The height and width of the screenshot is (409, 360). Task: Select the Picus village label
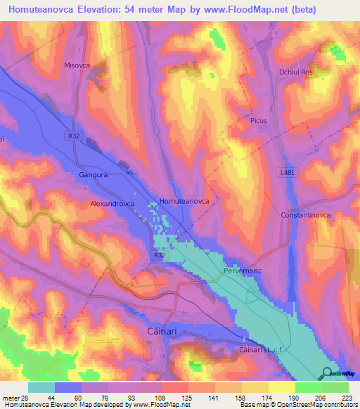[259, 121]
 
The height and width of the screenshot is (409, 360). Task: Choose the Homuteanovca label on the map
[185, 201]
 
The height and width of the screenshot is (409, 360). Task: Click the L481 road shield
[287, 172]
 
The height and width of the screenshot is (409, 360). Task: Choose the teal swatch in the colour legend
[41, 387]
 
